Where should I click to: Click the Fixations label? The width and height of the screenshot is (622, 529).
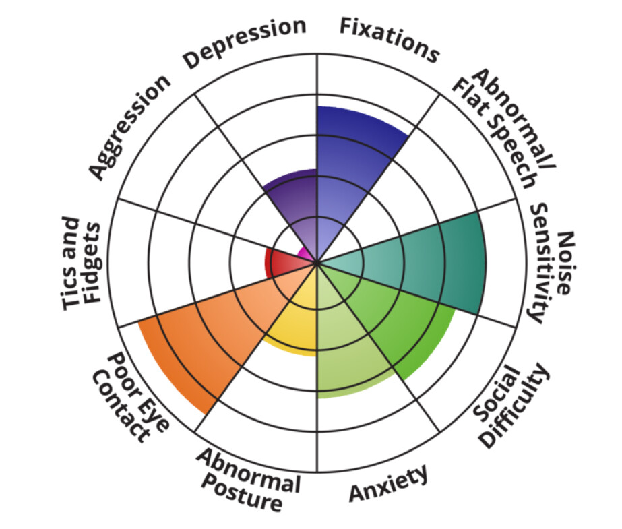[389, 39]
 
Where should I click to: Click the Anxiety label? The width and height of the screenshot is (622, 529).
[388, 483]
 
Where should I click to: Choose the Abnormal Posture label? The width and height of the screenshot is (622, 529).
[245, 479]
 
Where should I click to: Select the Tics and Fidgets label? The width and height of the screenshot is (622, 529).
[82, 263]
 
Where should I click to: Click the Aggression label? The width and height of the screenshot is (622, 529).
[129, 127]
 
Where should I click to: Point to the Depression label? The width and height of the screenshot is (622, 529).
[245, 43]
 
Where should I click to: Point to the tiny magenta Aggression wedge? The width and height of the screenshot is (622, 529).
[306, 255]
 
